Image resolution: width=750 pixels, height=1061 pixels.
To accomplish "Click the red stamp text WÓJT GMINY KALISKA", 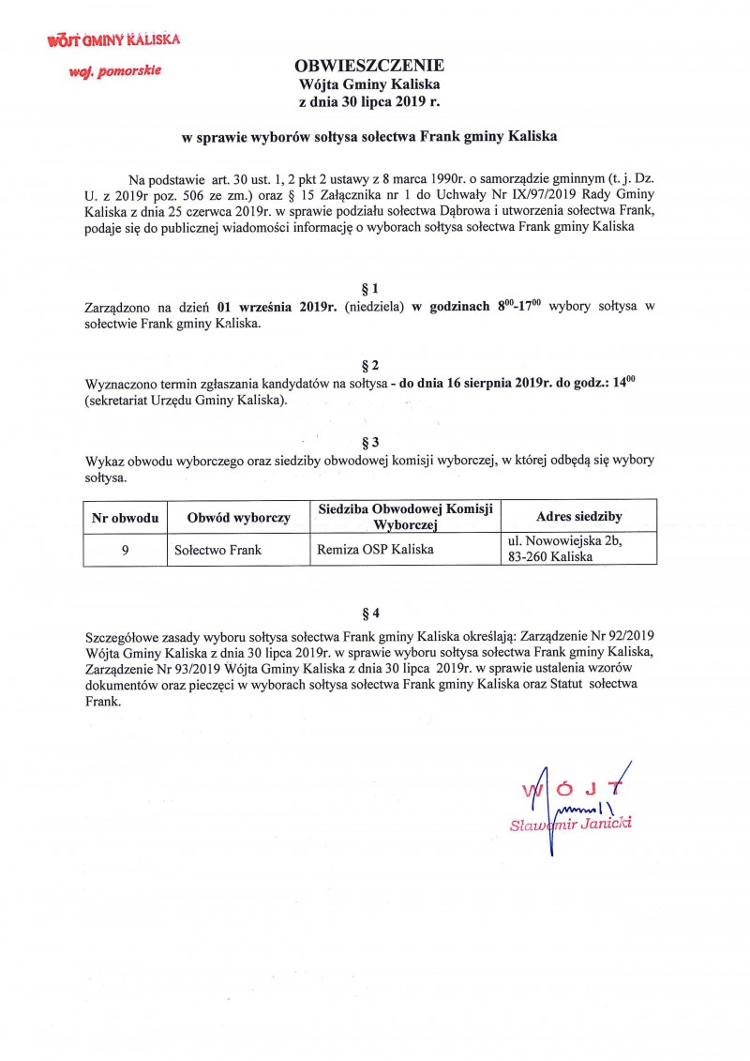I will pos(113,40).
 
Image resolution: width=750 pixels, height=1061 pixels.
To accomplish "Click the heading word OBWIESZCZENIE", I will pos(369,67).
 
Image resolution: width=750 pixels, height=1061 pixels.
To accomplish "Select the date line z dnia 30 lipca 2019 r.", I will pos(369,100).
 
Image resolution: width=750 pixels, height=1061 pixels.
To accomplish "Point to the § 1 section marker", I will pos(369,289).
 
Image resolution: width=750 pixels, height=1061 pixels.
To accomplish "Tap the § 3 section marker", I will pos(369,441).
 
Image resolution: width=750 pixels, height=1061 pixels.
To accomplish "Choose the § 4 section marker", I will pos(369,614).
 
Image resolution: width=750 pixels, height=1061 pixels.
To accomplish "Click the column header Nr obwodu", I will pos(125,517).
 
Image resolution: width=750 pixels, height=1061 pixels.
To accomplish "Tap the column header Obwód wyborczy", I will pos(238,517).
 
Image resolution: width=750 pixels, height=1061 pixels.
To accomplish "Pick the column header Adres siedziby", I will pos(578,517).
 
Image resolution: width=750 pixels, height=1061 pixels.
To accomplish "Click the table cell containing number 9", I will pos(125,550).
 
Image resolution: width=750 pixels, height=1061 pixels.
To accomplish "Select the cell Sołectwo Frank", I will pos(217,550).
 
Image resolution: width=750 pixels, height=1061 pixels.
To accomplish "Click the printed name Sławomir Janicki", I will pos(570,824).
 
